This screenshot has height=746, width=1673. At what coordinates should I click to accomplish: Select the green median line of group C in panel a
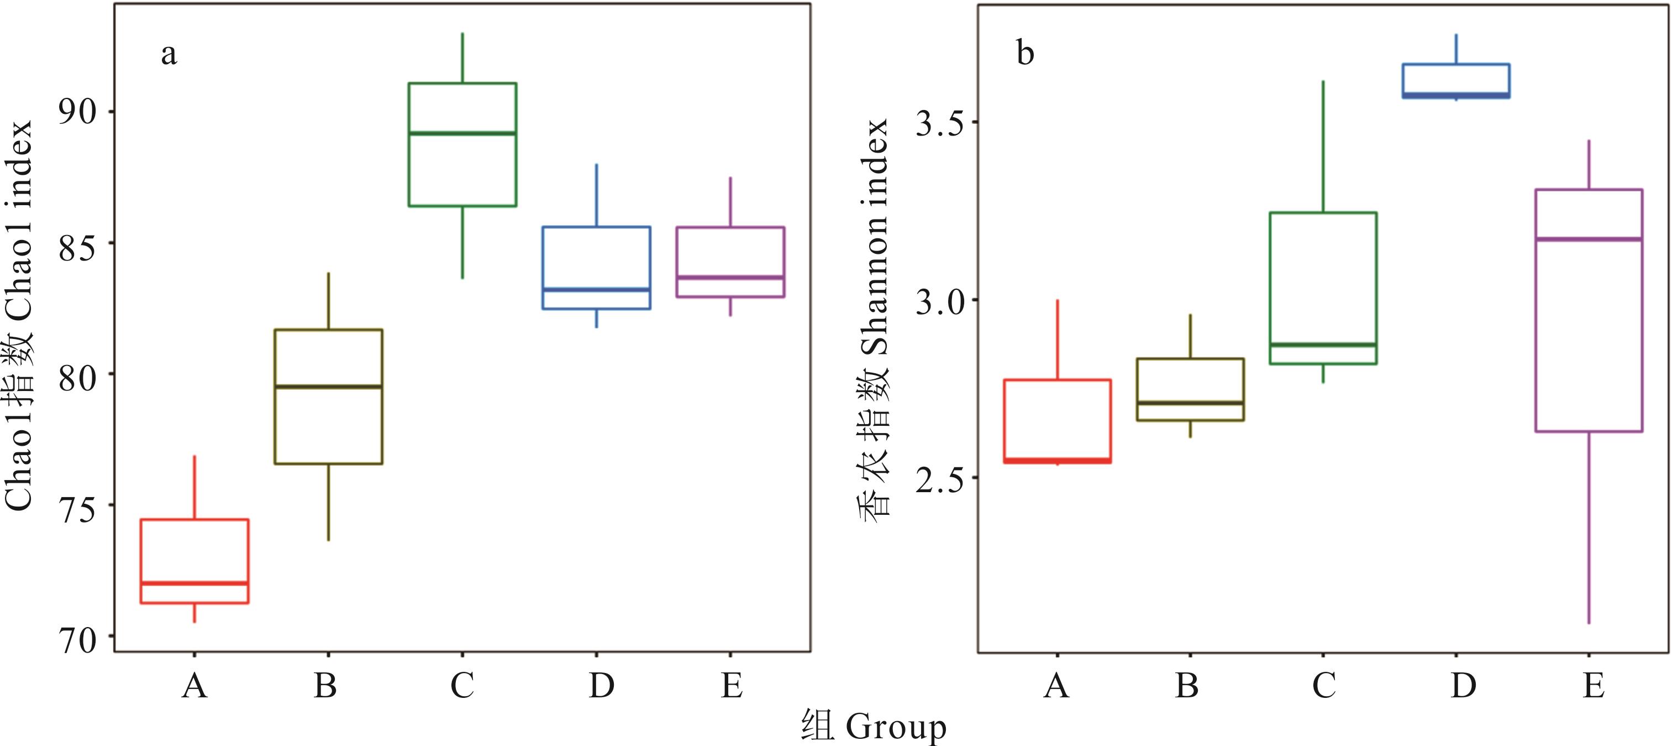click(x=462, y=133)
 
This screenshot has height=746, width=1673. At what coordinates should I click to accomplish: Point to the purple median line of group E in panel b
click(x=1588, y=239)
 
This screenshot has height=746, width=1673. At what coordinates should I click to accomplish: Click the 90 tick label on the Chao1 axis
click(x=77, y=112)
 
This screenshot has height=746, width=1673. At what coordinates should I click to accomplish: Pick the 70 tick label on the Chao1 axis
click(x=77, y=640)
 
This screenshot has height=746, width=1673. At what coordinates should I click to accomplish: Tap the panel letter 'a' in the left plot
click(x=169, y=55)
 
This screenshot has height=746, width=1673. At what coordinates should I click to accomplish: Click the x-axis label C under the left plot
click(x=462, y=685)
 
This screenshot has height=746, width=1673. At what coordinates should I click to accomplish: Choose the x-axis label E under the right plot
click(x=1593, y=685)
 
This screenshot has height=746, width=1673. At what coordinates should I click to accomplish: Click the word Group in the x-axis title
click(x=896, y=726)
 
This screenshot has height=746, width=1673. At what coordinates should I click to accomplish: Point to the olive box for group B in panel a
click(x=328, y=422)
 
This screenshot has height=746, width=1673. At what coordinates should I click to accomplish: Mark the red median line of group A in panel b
click(x=1058, y=461)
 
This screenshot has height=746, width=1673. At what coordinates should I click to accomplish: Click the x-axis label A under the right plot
click(x=1056, y=685)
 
